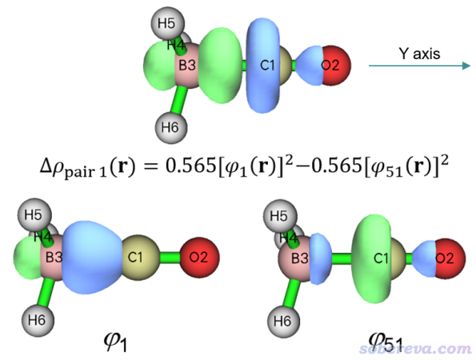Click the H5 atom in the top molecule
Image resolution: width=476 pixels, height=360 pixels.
[x=168, y=23]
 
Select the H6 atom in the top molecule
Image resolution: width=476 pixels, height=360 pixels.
[x=171, y=127]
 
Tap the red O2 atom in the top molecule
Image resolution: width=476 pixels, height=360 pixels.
[x=336, y=66]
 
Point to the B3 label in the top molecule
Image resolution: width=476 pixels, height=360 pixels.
[x=187, y=66]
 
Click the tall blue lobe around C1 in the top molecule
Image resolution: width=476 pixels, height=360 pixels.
[x=263, y=66]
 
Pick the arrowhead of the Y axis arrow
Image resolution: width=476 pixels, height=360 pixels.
[x=466, y=66]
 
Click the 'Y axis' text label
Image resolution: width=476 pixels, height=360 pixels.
[x=419, y=54]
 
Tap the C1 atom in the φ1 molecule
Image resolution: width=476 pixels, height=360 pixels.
[x=140, y=258]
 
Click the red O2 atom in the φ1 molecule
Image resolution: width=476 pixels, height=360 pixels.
[x=199, y=258]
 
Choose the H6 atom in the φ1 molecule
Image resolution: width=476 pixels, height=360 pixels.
[x=38, y=320]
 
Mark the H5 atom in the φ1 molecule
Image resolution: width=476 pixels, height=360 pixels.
[x=34, y=215]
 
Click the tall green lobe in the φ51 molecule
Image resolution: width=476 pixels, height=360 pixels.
[x=371, y=258]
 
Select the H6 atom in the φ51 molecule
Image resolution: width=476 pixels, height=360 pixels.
[x=284, y=322]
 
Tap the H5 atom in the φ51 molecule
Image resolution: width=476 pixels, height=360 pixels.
[x=280, y=217]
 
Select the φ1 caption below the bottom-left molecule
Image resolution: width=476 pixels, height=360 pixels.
[x=115, y=342]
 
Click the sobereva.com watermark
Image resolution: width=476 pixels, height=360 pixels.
[x=415, y=349]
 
